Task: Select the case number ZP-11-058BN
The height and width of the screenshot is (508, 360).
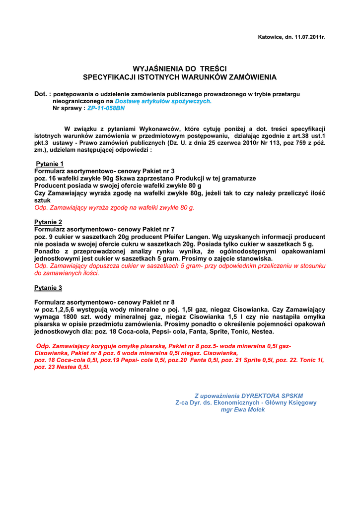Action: click(106, 108)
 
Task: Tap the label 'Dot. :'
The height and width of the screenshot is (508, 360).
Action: click(42, 94)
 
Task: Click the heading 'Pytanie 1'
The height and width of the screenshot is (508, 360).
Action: click(50, 164)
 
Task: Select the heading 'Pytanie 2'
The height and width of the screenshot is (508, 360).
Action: click(48, 222)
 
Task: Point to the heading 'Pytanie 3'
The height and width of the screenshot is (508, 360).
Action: click(48, 288)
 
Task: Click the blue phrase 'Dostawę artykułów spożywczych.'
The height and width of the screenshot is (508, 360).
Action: click(163, 101)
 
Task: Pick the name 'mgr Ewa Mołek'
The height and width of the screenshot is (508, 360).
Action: click(243, 410)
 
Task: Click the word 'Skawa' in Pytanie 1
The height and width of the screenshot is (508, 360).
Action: click(124, 178)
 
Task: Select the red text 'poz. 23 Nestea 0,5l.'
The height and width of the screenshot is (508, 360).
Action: click(62, 367)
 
